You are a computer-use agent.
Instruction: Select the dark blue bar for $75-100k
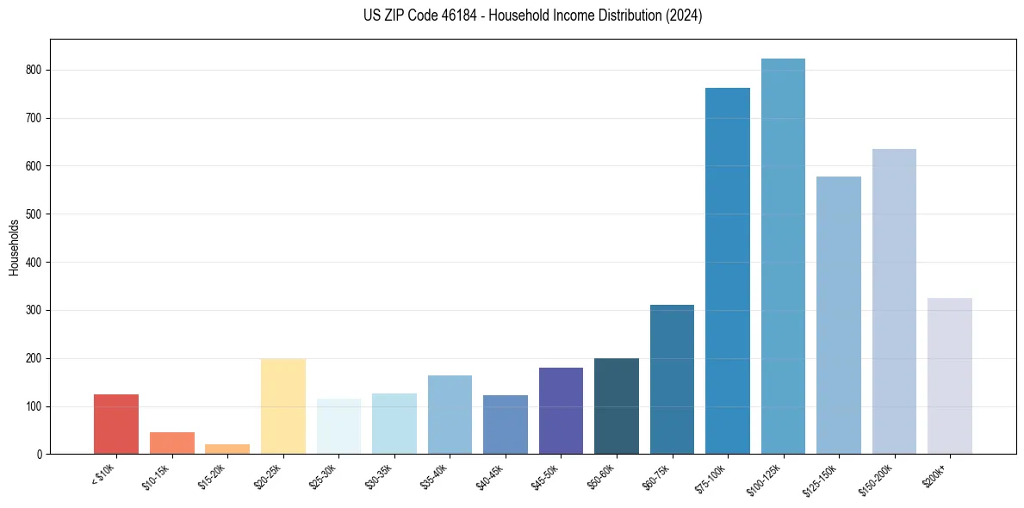point(728,270)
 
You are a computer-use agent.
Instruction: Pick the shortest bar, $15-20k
point(227,449)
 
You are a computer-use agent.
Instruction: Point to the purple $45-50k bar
point(561,411)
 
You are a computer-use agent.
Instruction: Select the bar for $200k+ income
point(950,375)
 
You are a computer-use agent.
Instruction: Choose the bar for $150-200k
point(894,301)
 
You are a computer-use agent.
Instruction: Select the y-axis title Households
point(15,246)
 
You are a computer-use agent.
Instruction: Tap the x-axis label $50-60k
point(601,475)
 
